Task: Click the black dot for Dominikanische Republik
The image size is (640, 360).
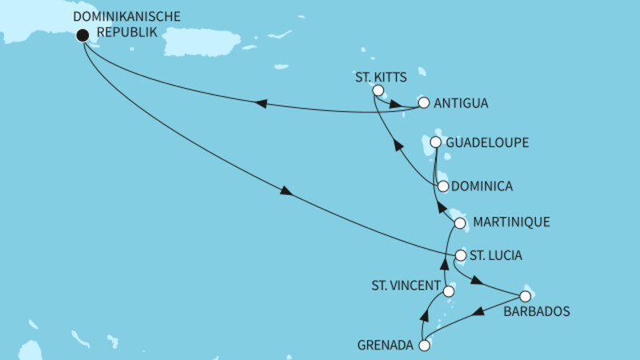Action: click(82, 35)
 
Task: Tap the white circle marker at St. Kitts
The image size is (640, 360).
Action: click(378, 90)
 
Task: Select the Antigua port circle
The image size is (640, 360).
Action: click(424, 103)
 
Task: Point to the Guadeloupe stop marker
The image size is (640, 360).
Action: click(436, 142)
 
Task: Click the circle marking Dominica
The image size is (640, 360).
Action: click(442, 186)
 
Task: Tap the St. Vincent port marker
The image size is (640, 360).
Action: click(449, 292)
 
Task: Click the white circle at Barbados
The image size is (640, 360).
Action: click(525, 296)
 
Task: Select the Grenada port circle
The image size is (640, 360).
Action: click(425, 346)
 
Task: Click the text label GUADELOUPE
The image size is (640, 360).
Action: click(488, 142)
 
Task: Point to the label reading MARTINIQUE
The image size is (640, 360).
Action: click(512, 222)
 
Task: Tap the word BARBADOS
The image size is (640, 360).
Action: click(537, 312)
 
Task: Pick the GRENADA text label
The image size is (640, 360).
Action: click(386, 346)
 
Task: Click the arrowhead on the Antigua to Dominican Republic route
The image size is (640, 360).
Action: click(260, 103)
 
